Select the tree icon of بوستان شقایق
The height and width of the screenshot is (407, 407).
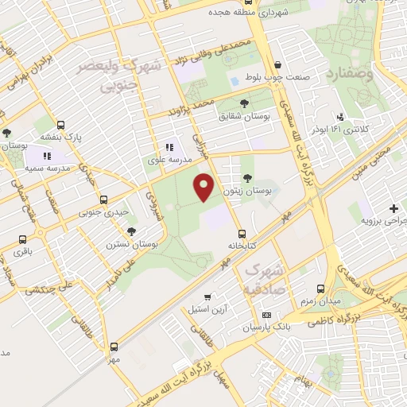[x=244, y=103]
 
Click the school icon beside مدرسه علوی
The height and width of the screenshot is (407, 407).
[x=169, y=148]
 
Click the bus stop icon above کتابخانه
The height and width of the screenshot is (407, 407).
[x=242, y=234]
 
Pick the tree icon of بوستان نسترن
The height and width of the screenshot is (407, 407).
[x=131, y=231]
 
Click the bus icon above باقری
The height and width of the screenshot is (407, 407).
[x=22, y=238]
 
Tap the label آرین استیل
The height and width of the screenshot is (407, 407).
[x=208, y=308]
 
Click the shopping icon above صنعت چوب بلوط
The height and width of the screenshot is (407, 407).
[x=277, y=66]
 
